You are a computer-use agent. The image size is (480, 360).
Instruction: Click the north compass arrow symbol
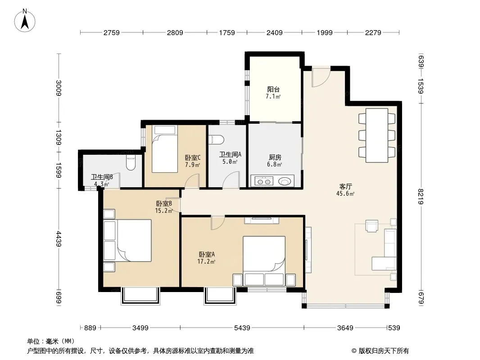click(26, 20)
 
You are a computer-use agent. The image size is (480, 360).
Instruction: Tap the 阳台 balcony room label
click(273, 89)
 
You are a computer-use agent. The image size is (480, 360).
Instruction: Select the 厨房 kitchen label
click(275, 157)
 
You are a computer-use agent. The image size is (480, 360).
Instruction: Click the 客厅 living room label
click(346, 186)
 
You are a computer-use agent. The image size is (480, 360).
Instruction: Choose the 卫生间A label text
click(230, 154)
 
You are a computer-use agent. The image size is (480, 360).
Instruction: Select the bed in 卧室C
click(165, 149)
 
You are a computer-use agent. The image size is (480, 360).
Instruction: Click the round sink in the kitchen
click(285, 182)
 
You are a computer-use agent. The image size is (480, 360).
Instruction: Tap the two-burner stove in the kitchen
click(263, 182)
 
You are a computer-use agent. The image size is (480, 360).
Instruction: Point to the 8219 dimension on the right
click(421, 197)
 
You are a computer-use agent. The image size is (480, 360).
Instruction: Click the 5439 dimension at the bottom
click(242, 328)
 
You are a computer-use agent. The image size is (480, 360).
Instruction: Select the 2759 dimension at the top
click(111, 32)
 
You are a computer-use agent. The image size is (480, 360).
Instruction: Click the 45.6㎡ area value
click(346, 194)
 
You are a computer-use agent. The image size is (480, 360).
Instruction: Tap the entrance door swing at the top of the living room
click(321, 77)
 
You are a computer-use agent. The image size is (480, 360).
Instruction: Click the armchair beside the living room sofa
click(372, 225)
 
